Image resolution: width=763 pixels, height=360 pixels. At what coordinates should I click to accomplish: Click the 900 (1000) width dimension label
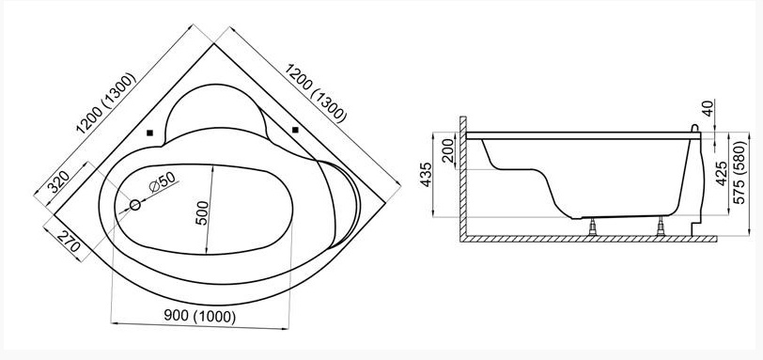[199, 317]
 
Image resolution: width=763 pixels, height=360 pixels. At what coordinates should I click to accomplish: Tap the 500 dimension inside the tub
[203, 213]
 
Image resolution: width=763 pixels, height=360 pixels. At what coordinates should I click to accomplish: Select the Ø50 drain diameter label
[162, 182]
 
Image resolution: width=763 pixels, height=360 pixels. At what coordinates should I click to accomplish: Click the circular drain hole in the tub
[135, 205]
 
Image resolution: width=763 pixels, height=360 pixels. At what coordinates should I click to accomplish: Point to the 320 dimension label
[58, 181]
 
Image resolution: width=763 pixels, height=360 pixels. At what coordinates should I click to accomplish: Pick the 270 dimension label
[69, 242]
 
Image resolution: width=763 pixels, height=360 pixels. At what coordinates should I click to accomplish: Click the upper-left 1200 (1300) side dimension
[105, 103]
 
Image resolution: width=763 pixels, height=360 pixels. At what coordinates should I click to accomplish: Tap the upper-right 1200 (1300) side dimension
[316, 93]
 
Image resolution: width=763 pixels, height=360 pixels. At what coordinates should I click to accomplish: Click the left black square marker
[150, 133]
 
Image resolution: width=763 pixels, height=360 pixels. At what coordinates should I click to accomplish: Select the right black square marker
[295, 130]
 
